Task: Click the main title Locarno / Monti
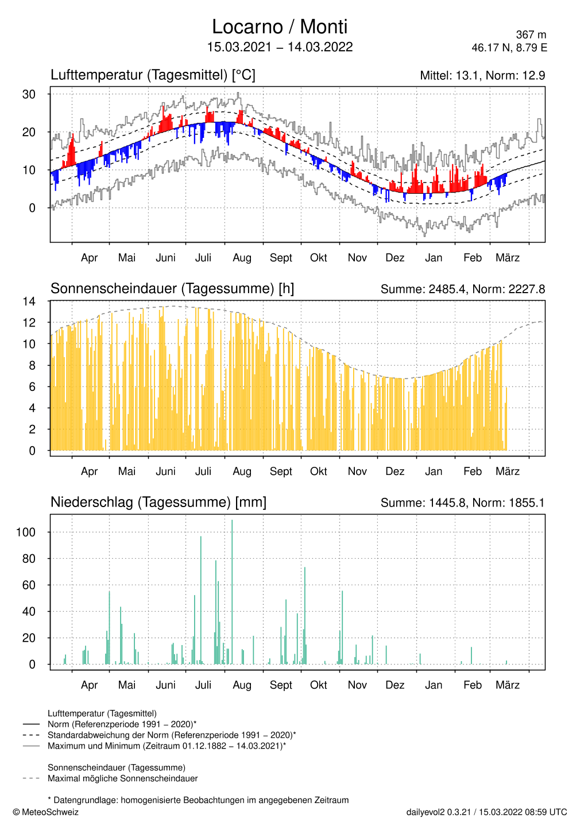[x=280, y=27]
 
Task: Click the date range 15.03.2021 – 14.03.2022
[x=280, y=47]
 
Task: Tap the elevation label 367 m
[x=531, y=35]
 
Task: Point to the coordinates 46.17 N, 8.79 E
[x=509, y=48]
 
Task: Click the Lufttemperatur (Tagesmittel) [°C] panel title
[x=153, y=75]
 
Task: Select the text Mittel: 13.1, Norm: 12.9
[x=482, y=76]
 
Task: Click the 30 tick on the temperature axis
[x=29, y=94]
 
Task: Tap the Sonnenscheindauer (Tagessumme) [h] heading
[x=172, y=289]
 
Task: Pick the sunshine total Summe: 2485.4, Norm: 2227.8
[x=462, y=289]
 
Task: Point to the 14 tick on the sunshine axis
[x=29, y=302]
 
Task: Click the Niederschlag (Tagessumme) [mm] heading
[x=158, y=502]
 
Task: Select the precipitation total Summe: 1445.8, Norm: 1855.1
[x=462, y=503]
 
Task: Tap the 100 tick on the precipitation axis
[x=26, y=532]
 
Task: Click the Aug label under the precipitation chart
[x=242, y=685]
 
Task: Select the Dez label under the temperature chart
[x=394, y=258]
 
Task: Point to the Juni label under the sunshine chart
[x=165, y=471]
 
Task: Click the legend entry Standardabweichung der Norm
[x=172, y=735]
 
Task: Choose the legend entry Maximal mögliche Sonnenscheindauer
[x=123, y=779]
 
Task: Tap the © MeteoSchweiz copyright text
[x=45, y=812]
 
